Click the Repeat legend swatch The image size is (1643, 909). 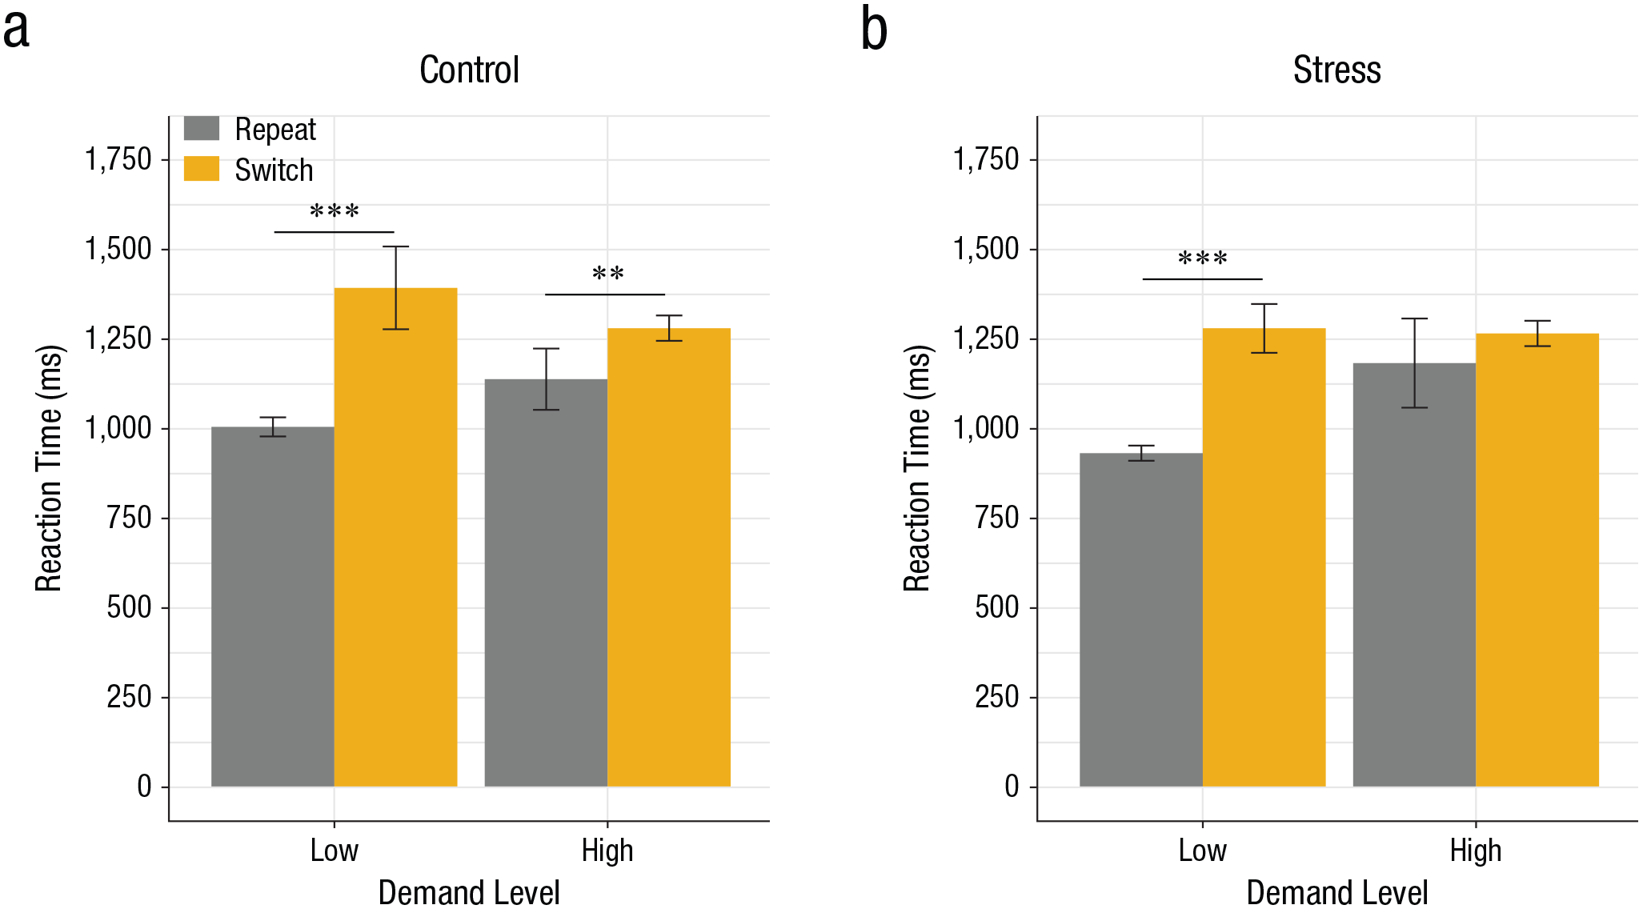pos(202,128)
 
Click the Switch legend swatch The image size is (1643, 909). pos(202,168)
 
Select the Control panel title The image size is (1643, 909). pos(470,70)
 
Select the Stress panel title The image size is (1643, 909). pos(1337,70)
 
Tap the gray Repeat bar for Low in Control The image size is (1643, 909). pos(273,607)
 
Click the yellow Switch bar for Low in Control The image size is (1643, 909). pos(396,537)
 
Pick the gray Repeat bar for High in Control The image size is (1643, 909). pos(547,583)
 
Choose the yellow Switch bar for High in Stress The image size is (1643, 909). pos(1537,560)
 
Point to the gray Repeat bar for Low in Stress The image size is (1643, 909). pos(1141,620)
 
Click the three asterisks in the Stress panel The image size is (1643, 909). pos(1203,258)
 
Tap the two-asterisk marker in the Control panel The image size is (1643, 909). pos(608,274)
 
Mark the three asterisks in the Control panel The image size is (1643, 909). pos(335,210)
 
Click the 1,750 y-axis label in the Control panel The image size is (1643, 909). pos(118,159)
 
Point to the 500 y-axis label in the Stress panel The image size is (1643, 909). pos(997,607)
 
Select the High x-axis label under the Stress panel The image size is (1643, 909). pos(1476,850)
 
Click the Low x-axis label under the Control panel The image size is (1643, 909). pos(335,850)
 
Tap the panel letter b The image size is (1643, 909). pos(874,29)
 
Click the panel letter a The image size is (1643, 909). pos(16,32)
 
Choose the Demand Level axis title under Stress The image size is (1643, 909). pos(1337,892)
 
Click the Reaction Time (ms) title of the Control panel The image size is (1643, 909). pos(49,468)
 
